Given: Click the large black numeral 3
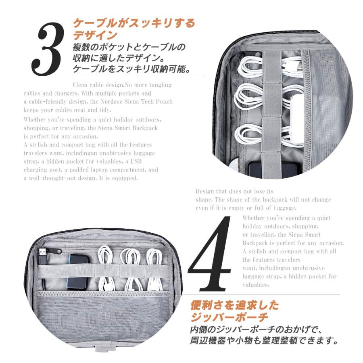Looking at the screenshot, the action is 48,49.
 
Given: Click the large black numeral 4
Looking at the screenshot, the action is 209,254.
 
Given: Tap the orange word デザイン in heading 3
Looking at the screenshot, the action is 95,35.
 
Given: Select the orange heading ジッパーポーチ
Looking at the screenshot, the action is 229,317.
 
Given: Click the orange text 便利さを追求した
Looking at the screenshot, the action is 235,305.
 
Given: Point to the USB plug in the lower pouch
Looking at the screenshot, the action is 43,257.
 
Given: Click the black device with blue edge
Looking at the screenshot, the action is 78,272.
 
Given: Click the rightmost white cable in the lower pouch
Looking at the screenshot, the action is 154,270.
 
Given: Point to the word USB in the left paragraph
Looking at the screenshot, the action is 136,161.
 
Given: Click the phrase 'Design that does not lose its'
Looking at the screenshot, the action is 234,191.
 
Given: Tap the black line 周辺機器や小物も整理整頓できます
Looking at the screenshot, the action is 264,340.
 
